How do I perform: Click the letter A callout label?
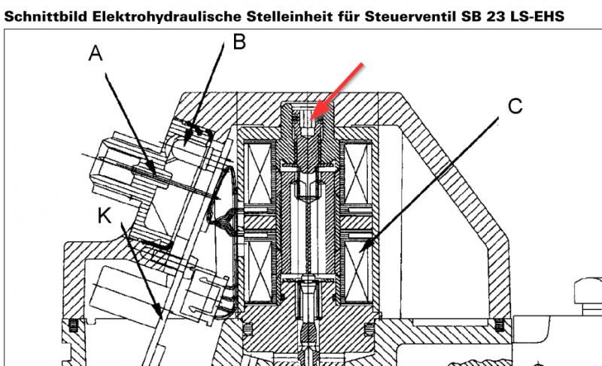96,53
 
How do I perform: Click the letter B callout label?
239,41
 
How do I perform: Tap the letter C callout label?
515,106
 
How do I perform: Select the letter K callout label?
105,216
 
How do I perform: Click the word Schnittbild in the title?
46,17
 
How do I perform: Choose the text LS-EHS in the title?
536,17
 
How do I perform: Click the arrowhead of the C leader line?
363,246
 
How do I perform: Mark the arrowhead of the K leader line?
159,312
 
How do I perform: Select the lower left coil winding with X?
260,266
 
